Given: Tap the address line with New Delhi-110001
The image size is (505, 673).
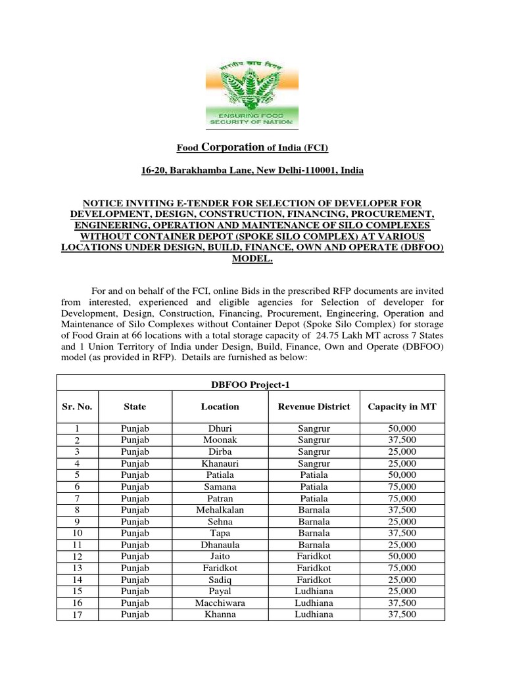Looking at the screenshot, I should coord(252,170).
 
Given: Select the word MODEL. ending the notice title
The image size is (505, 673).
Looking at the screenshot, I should coord(252,259).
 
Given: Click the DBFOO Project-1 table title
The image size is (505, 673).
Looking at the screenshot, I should coord(251,384).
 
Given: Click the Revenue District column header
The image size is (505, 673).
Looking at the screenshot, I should coord(314,407).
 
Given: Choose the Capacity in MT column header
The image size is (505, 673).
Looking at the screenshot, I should coord(402,407).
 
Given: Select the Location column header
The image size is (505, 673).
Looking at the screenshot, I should coord(220,407).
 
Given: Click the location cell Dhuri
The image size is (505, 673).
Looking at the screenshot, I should coord(220,428).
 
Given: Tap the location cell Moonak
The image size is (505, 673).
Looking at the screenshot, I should coord(220,440).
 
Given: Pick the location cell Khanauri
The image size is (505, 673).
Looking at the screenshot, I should coord(220,463).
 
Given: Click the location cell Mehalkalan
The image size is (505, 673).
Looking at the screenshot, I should coord(220,509).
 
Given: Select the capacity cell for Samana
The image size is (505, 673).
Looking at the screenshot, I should coord(402,486).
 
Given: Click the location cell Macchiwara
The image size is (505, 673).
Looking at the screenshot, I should coord(220,603).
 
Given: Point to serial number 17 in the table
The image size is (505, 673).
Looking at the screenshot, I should coord(74,615).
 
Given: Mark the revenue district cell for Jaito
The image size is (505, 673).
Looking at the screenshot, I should coord(314,556).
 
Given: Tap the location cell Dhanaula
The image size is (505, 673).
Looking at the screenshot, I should coord(220,544).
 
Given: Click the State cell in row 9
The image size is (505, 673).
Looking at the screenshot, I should coord(135,521).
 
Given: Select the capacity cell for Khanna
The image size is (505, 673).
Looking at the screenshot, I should coord(402,615).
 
